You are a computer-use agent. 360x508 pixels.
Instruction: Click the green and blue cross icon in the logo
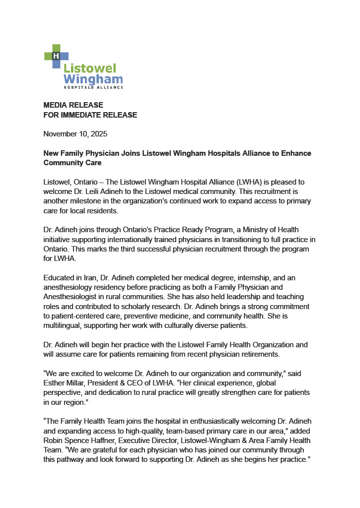pyautogui.click(x=56, y=56)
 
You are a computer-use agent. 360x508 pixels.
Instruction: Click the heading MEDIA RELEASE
pyautogui.click(x=73, y=105)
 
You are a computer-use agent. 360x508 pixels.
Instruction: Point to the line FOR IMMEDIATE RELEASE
pyautogui.click(x=90, y=115)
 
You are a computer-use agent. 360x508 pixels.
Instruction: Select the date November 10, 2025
pyautogui.click(x=75, y=134)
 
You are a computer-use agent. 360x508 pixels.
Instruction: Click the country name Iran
pyautogui.click(x=89, y=277)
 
